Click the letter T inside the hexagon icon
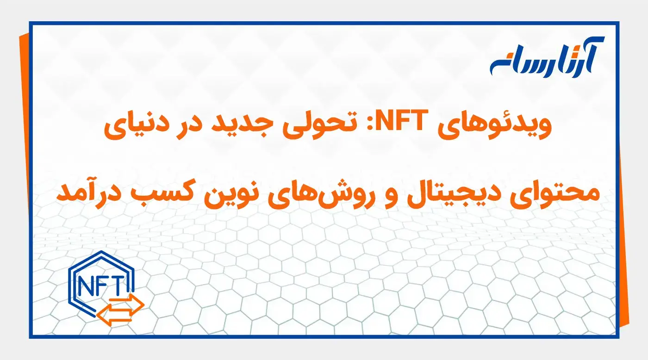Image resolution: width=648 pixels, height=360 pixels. point(116,283)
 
